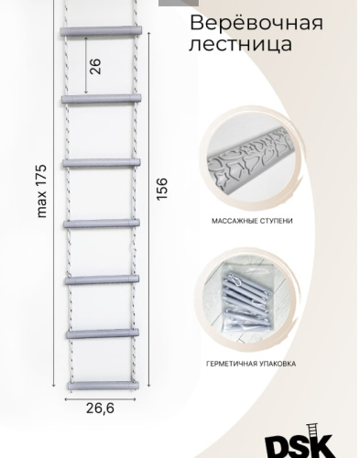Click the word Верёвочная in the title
(256, 24)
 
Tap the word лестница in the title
(241, 44)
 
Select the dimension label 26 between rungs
(95, 66)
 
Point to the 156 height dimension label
(162, 189)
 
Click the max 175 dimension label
(41, 191)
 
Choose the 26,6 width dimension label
(100, 409)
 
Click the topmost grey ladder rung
(101, 31)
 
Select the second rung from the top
(102, 99)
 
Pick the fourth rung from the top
(102, 224)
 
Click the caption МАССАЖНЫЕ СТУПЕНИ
(252, 221)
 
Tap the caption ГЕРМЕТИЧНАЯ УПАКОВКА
(251, 364)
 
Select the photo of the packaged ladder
(249, 300)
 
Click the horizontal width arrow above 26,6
(100, 398)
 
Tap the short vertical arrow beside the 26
(86, 65)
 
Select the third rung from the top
(102, 163)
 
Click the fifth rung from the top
(102, 279)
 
